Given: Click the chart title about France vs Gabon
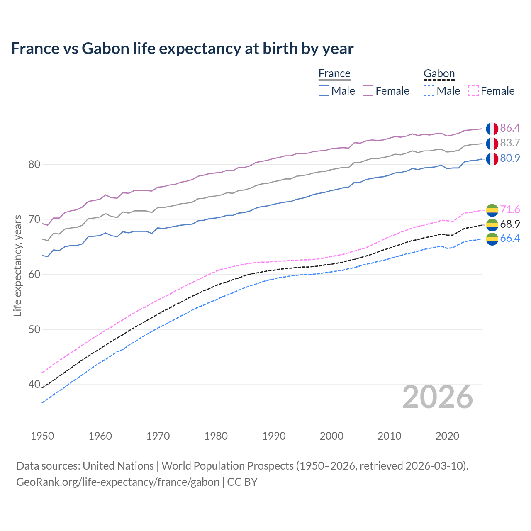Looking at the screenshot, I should (x=182, y=49).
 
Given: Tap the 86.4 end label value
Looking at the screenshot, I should (x=510, y=128).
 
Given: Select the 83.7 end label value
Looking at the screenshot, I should (x=510, y=143).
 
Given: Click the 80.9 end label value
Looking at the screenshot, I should (x=510, y=158).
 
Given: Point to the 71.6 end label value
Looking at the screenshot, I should (x=510, y=209).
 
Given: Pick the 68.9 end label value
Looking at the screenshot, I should (x=510, y=224).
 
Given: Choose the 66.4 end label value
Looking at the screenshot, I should (x=510, y=239).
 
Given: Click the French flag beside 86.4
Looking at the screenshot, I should (x=492, y=129).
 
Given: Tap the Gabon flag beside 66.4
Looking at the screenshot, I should (x=492, y=239).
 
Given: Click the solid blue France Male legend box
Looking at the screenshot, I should (x=324, y=91).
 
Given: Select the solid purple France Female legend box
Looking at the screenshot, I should (x=368, y=91).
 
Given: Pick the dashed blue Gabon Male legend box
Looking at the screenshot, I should (x=429, y=91).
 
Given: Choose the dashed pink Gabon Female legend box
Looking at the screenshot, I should (x=473, y=91).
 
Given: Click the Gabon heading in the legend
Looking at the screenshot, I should (x=439, y=74).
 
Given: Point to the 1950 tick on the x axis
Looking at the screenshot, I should (x=42, y=436).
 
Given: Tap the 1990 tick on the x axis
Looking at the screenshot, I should (x=274, y=436).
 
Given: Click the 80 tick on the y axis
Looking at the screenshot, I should (x=34, y=165).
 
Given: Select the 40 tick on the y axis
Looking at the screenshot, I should (x=34, y=385).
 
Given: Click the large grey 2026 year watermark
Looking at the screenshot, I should (x=438, y=397).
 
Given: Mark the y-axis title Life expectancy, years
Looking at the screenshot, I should (x=18, y=265).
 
